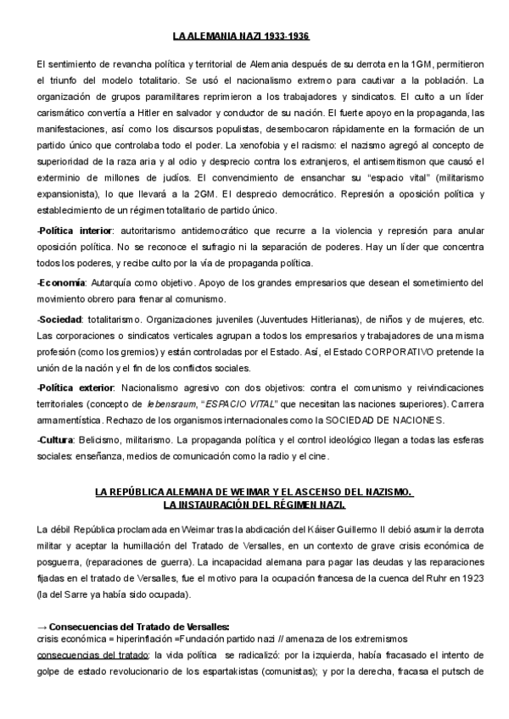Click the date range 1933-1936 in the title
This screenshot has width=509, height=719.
click(286, 37)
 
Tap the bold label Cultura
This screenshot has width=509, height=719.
click(57, 439)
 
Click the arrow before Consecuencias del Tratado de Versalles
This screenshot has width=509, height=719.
click(43, 626)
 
